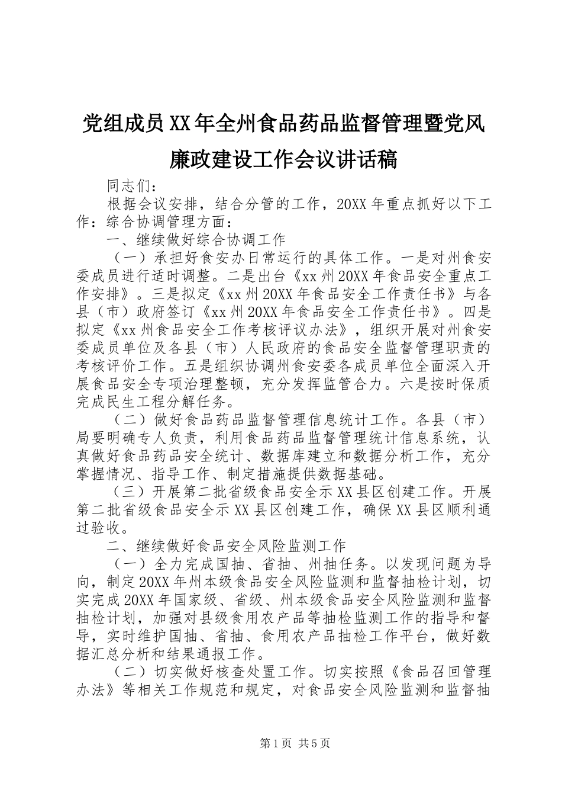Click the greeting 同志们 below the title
coord(130,185)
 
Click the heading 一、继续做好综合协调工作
coord(196,240)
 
